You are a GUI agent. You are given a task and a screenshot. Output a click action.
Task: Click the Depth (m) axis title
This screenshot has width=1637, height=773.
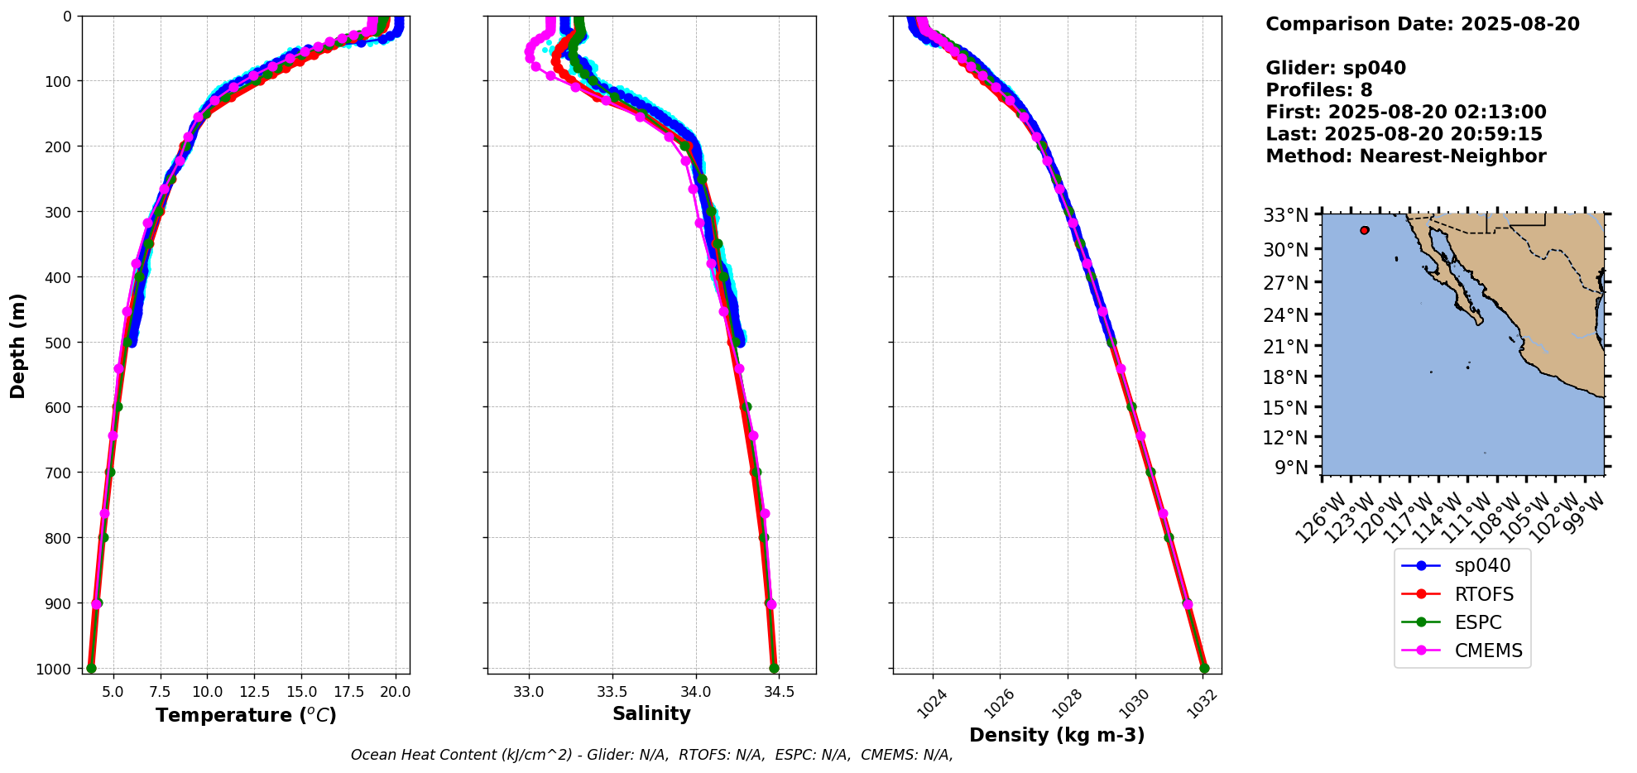18,345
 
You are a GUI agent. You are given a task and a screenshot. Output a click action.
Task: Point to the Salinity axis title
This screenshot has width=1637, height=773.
651,713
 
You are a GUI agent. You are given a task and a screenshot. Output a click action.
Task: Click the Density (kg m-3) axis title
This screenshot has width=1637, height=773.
1057,735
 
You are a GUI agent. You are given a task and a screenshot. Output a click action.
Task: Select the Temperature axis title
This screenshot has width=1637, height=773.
246,715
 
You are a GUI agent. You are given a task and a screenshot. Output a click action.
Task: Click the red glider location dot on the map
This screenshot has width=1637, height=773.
1364,230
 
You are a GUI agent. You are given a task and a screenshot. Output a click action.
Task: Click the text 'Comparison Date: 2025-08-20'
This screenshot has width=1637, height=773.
1422,24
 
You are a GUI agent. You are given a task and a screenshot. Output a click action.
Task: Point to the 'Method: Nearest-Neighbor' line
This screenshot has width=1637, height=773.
1405,156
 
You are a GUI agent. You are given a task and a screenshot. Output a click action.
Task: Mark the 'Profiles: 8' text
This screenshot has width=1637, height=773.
1318,90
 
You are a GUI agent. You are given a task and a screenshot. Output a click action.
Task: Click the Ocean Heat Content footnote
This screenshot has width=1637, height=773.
651,755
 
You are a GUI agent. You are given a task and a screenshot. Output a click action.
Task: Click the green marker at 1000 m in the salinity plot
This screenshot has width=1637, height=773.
774,668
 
